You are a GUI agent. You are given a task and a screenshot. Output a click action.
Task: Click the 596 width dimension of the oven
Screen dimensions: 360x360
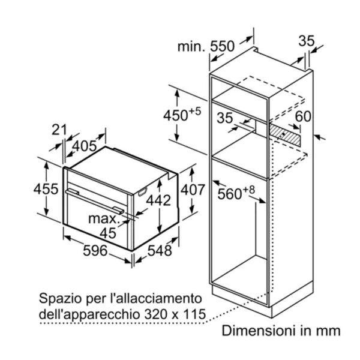pos(95,250)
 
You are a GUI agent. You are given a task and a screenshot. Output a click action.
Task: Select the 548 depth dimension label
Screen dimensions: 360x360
pos(160,250)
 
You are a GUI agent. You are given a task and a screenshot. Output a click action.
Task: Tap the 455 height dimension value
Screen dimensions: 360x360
pos(46,190)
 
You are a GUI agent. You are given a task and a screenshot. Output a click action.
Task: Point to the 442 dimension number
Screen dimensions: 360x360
pos(158,200)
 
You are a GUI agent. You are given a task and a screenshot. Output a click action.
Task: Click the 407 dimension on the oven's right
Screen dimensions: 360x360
pos(193,190)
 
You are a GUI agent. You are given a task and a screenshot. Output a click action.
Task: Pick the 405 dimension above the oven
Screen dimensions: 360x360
pos(85,146)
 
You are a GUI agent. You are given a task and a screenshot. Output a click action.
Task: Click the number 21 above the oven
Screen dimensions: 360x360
pos(59,130)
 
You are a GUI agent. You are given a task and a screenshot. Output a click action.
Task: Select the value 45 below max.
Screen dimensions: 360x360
pos(108,233)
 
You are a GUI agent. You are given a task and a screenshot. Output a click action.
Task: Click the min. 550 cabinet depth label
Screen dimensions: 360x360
pos(206,46)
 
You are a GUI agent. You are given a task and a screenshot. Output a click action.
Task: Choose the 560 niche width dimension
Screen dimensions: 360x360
pos(236,193)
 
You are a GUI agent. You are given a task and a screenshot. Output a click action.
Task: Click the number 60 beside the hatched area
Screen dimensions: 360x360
pos(303,116)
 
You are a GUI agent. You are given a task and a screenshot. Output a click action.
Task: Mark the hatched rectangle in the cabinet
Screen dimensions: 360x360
pos(284,135)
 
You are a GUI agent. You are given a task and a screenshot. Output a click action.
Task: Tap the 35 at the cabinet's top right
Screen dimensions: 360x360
pos(307,41)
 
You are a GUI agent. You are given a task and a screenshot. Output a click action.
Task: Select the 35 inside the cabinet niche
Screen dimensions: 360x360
pos(225,118)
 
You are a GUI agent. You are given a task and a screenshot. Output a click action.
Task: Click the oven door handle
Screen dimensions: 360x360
pos(95,202)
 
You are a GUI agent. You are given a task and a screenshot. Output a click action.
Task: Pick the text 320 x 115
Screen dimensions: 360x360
pos(175,314)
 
